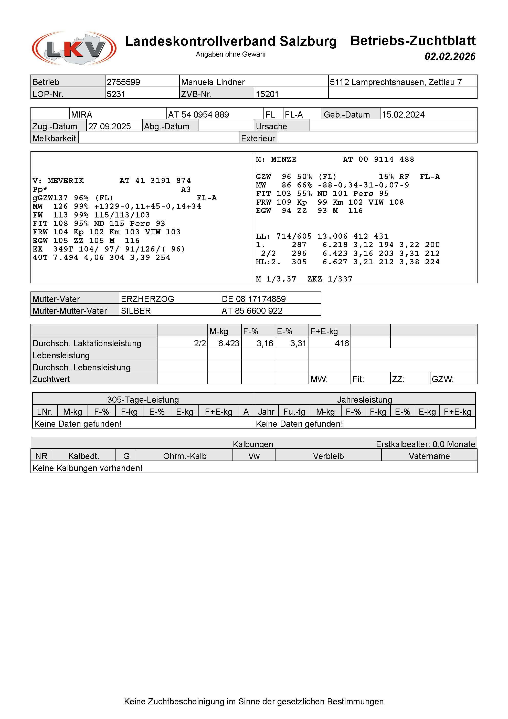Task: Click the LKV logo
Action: [x=74, y=48]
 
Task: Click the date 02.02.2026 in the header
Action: [x=450, y=56]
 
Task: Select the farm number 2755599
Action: [x=123, y=82]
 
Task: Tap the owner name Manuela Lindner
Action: [x=213, y=82]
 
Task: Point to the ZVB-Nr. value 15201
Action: [x=267, y=94]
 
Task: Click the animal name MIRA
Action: [x=82, y=114]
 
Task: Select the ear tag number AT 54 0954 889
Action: [x=198, y=114]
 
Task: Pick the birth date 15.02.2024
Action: [x=403, y=114]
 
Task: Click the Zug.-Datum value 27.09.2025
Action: [x=110, y=126]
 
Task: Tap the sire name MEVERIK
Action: [x=66, y=181]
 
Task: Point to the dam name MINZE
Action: [x=284, y=159]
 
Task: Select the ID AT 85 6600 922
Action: [x=252, y=311]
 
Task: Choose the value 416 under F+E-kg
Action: [x=342, y=343]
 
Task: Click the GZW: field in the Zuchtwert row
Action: [x=443, y=379]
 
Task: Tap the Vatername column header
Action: [x=429, y=456]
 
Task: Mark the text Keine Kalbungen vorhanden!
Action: [x=88, y=468]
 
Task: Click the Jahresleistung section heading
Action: [x=364, y=400]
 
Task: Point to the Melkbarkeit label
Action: [x=54, y=138]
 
